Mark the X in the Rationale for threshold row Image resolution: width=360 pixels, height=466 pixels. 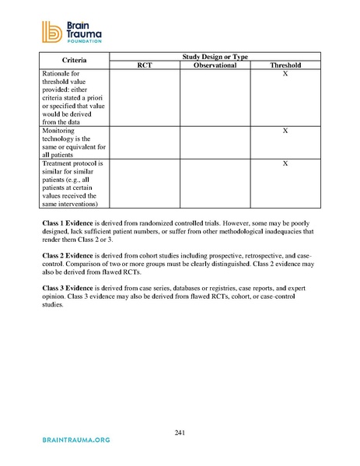tap(285, 74)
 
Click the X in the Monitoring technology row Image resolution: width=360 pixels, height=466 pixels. tap(285, 131)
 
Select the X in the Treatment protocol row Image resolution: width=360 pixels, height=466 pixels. tap(285, 165)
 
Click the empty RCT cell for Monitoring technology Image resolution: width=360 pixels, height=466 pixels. tap(144, 143)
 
